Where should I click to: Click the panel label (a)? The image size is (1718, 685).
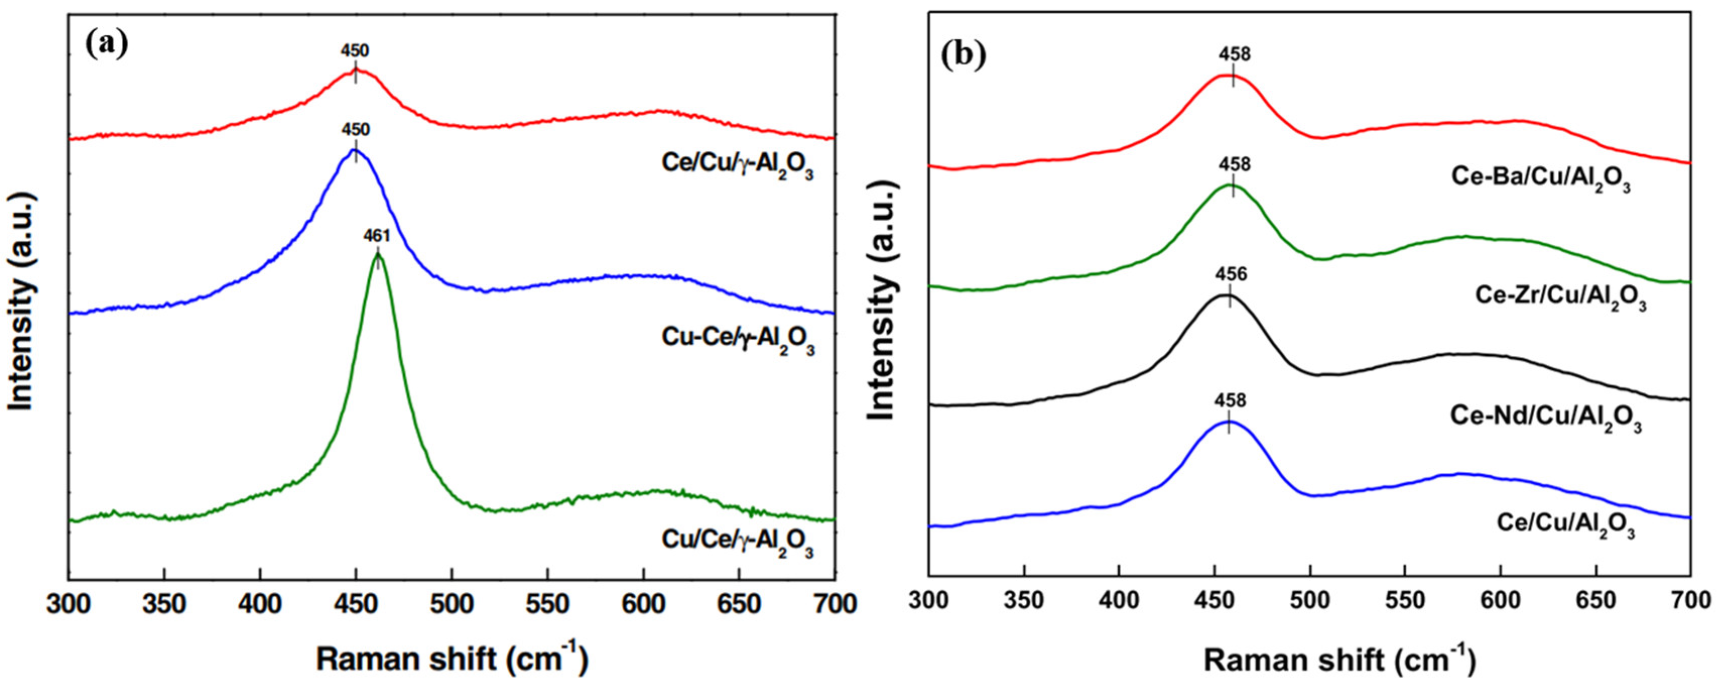tap(107, 45)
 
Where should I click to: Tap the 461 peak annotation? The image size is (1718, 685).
tap(376, 235)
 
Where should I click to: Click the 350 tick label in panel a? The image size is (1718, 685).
tap(164, 604)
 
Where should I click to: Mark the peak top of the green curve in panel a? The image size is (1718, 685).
tap(377, 254)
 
